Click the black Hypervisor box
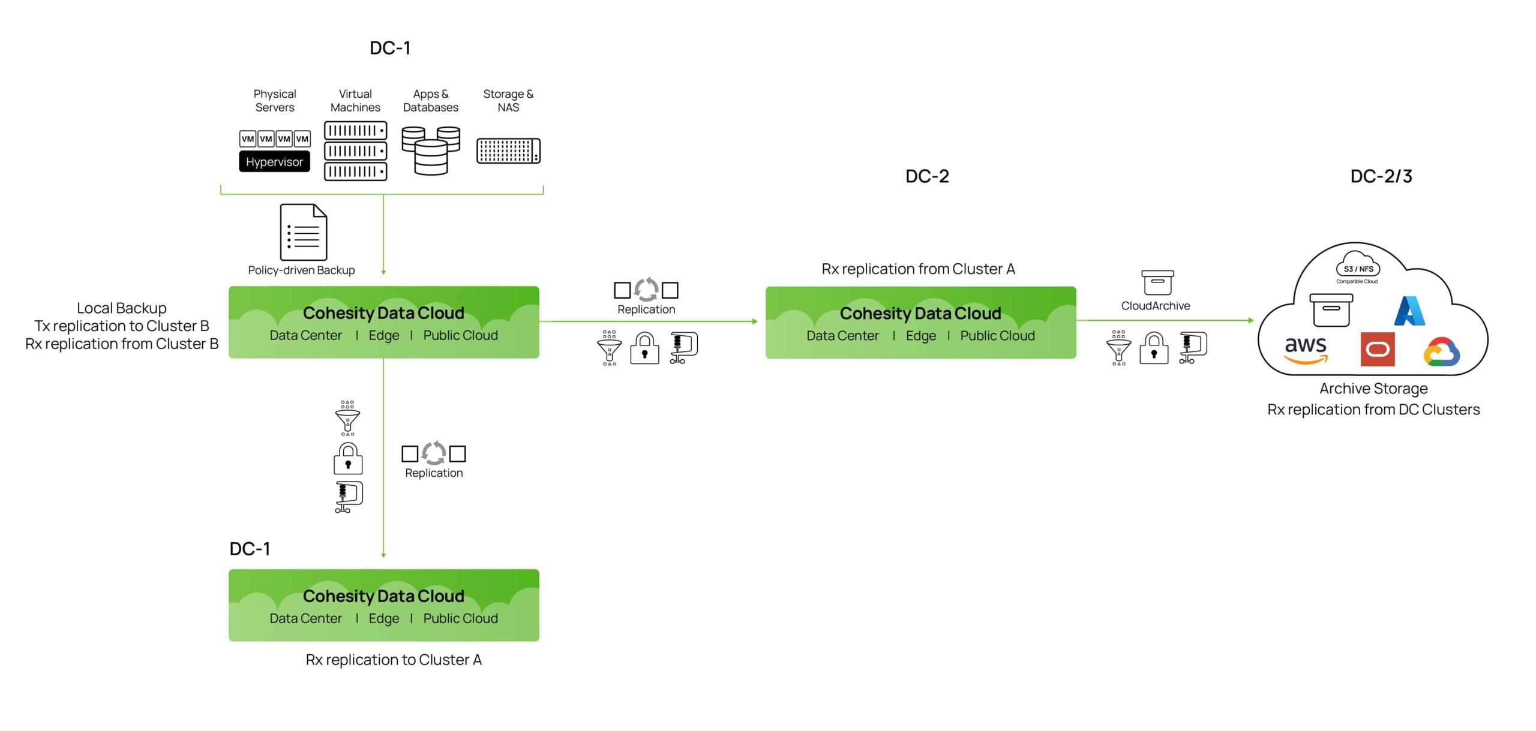click(274, 162)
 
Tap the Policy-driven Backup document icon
click(303, 233)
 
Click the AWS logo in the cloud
click(1306, 350)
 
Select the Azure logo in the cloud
click(1409, 311)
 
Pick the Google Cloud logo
click(1441, 352)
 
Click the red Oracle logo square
click(1377, 349)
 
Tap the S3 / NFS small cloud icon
click(1358, 267)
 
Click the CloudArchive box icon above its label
click(1157, 282)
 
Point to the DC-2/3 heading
click(1381, 176)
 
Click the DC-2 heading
click(927, 176)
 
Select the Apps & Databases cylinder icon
click(431, 150)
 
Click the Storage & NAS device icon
click(508, 151)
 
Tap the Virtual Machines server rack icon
click(355, 151)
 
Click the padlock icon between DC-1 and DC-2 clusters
click(644, 348)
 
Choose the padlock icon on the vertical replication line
click(348, 459)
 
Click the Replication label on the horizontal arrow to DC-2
click(646, 309)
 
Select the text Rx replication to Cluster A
click(394, 660)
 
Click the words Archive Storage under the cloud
click(1373, 389)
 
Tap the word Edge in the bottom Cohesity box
click(383, 618)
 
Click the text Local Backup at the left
click(122, 308)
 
